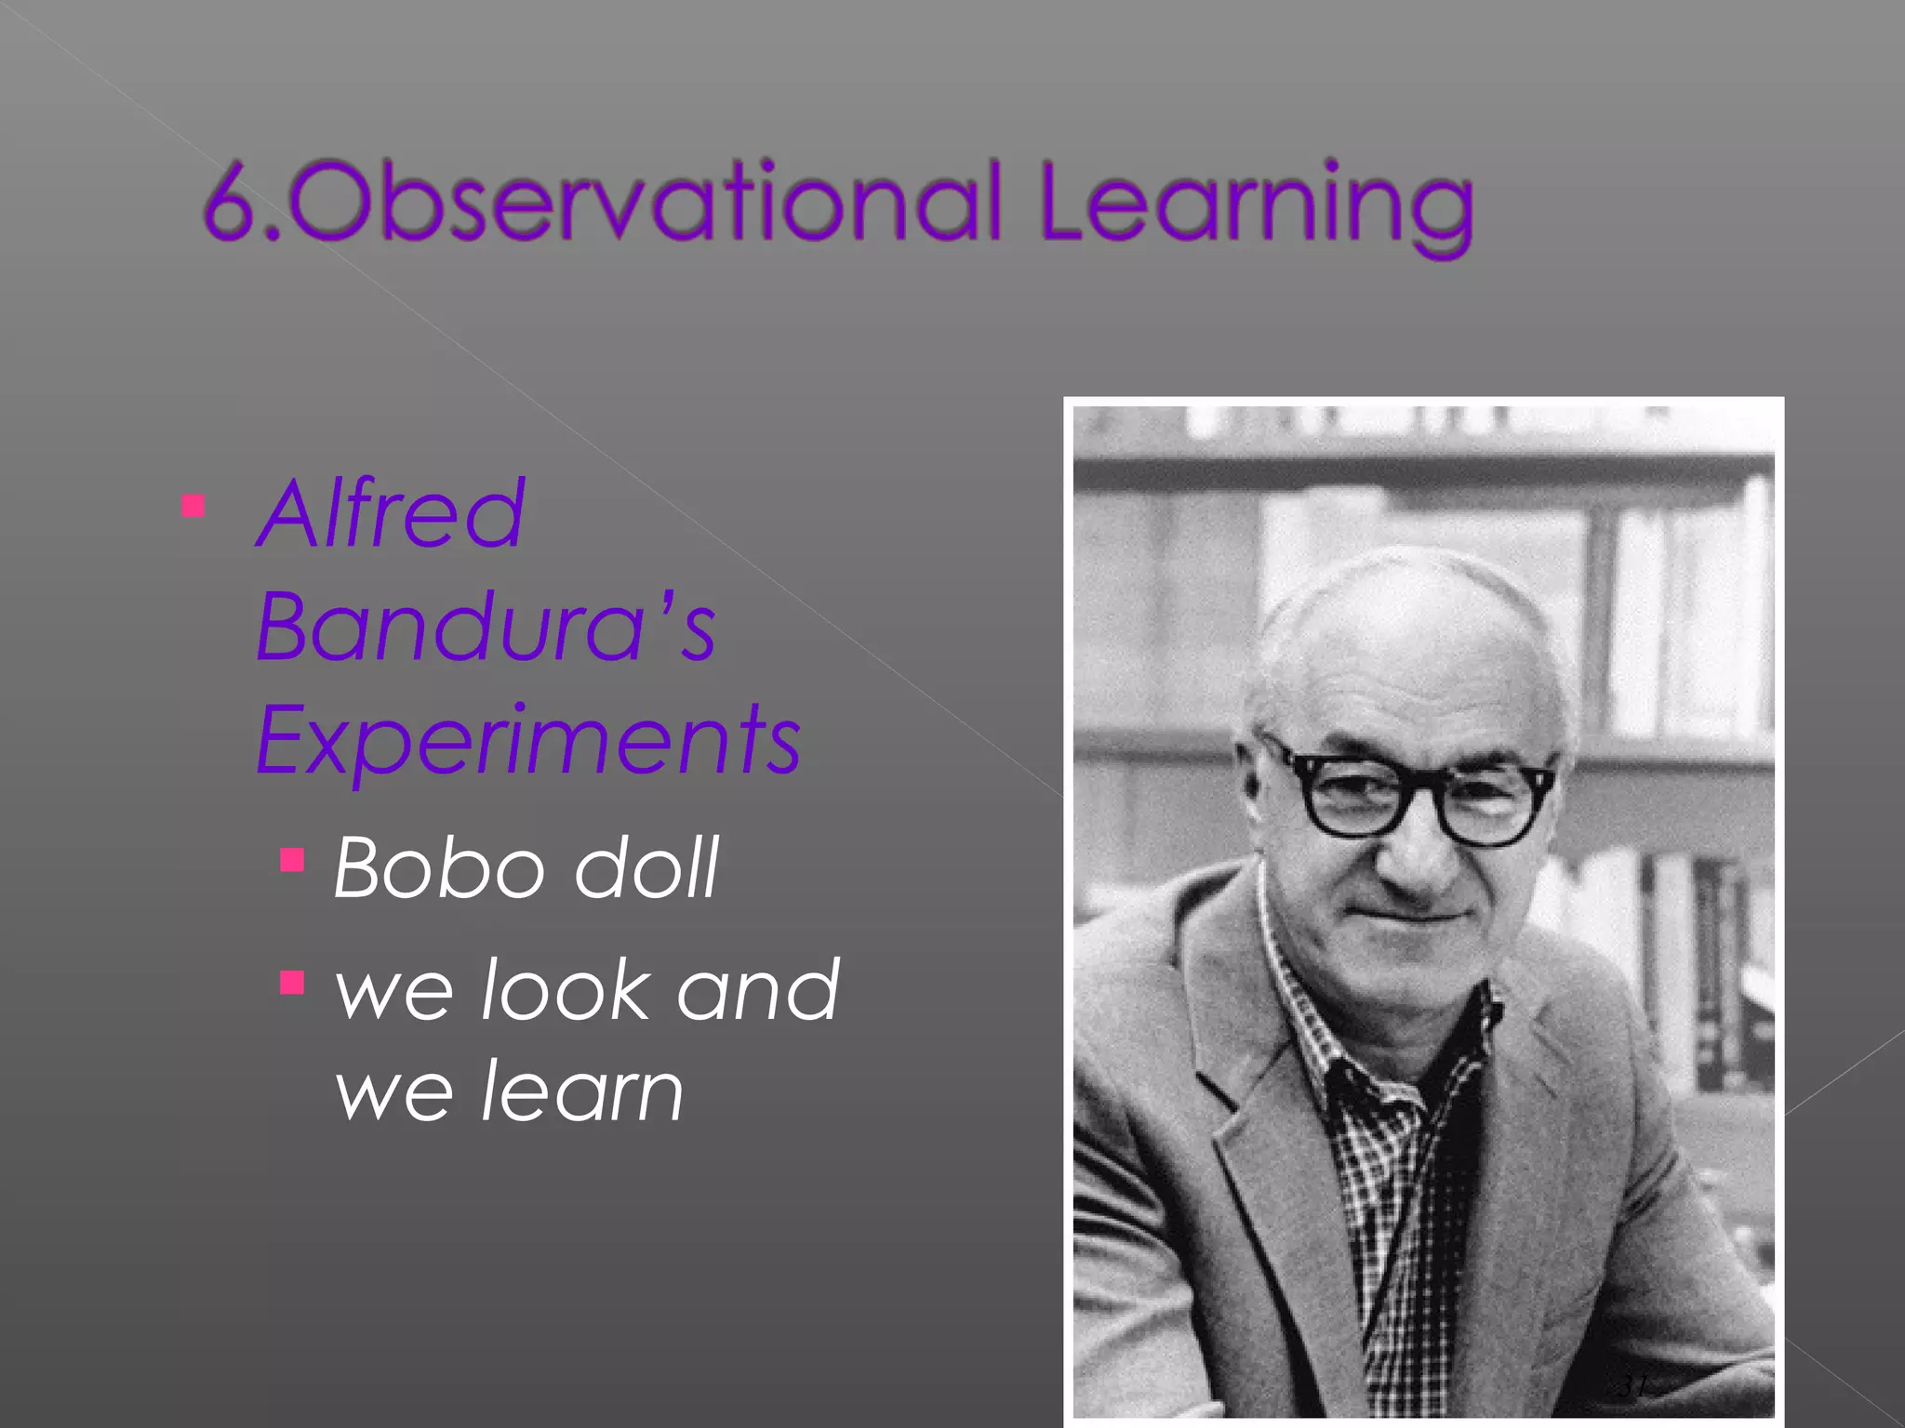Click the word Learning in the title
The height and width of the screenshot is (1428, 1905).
click(1256, 205)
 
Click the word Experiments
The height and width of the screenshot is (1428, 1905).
click(527, 740)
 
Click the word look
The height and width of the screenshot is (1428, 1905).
click(565, 990)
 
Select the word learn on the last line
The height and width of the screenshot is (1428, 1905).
click(581, 1092)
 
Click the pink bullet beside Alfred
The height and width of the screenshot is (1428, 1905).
click(193, 507)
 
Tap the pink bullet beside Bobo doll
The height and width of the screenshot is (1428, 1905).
click(292, 860)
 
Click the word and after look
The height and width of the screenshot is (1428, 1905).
click(758, 990)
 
